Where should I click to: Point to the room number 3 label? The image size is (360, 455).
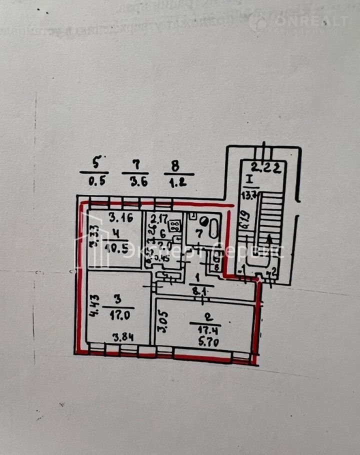coord(117,299)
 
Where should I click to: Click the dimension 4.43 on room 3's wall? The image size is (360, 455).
coord(94,306)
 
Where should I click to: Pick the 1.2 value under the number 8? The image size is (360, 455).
coord(178,182)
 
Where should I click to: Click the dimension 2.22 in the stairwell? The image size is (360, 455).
coord(265,168)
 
